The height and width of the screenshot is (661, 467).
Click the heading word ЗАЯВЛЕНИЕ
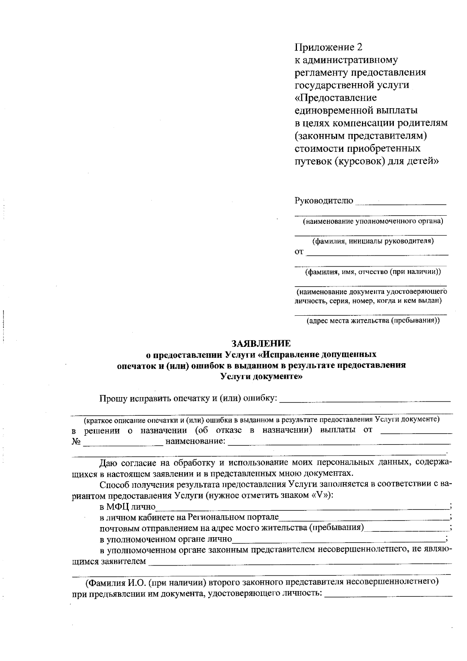[x=261, y=343]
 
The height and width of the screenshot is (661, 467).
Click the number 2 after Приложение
[x=359, y=47]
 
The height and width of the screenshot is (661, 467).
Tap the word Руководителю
[x=324, y=201]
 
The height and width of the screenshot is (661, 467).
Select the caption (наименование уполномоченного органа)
[x=373, y=222]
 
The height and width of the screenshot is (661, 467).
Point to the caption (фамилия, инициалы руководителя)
[x=373, y=241]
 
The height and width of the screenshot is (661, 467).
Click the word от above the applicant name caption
[x=298, y=252]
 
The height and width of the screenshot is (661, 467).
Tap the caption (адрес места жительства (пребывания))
[x=373, y=321]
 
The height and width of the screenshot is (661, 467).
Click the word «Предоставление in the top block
[x=335, y=98]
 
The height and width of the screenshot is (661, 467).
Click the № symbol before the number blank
[x=76, y=442]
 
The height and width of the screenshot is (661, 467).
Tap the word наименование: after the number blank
[x=195, y=442]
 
